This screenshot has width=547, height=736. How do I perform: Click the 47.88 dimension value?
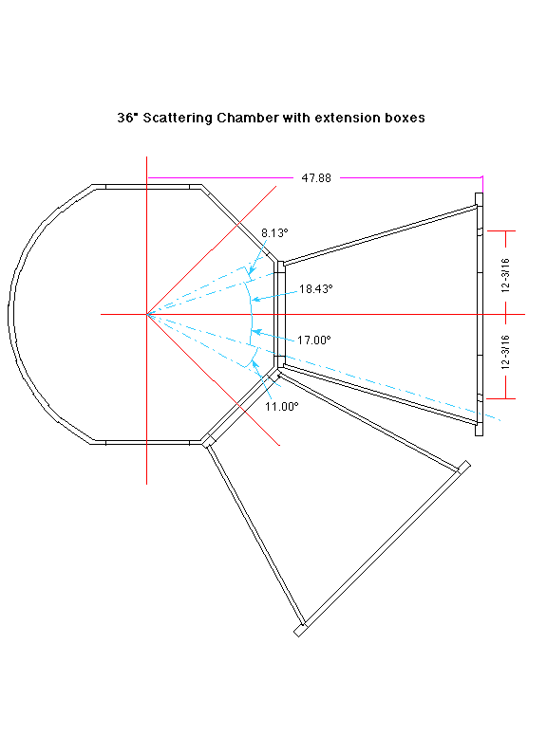(x=316, y=178)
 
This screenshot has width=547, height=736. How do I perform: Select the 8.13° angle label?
(x=274, y=232)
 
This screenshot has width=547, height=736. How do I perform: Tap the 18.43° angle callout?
(x=316, y=288)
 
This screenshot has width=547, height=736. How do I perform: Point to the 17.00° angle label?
(x=314, y=340)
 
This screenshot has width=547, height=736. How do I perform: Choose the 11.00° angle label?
(x=281, y=407)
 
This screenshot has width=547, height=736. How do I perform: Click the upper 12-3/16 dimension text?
(x=505, y=276)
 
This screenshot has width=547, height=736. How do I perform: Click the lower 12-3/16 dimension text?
(x=505, y=352)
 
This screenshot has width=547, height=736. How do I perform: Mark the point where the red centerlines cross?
(x=147, y=314)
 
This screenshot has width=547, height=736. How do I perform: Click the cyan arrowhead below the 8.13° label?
(x=252, y=271)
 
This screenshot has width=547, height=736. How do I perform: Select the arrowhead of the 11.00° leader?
(x=255, y=363)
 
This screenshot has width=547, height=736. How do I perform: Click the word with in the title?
(x=296, y=118)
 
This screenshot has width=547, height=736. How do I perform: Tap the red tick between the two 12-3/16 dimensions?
(x=505, y=314)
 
